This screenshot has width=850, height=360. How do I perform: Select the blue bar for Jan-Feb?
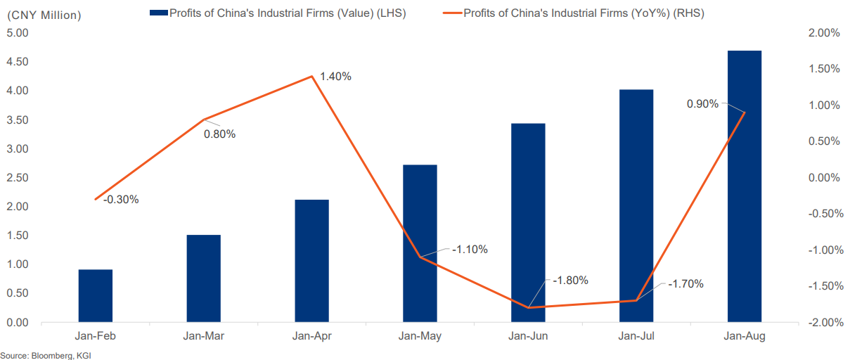pyautogui.click(x=96, y=296)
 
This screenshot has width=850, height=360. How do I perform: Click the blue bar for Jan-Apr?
pyautogui.click(x=312, y=261)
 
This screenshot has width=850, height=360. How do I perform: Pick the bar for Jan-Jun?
pyautogui.click(x=528, y=223)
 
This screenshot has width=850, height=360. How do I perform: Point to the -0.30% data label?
pyautogui.click(x=121, y=199)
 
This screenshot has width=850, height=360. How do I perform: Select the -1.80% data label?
pyautogui.click(x=570, y=280)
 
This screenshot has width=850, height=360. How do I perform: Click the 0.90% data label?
pyautogui.click(x=702, y=104)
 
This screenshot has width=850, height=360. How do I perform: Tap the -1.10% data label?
pyautogui.click(x=470, y=250)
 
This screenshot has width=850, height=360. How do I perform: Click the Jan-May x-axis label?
pyautogui.click(x=420, y=337)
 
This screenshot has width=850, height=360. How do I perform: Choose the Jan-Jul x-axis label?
pyautogui.click(x=636, y=337)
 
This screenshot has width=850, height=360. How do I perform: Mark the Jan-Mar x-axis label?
pyautogui.click(x=204, y=337)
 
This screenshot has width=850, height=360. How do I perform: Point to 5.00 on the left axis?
pyautogui.click(x=17, y=33)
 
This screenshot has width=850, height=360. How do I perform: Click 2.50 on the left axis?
pyautogui.click(x=17, y=178)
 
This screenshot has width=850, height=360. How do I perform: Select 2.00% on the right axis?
pyautogui.click(x=824, y=33)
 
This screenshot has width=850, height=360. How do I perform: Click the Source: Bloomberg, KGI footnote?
pyautogui.click(x=46, y=355)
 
